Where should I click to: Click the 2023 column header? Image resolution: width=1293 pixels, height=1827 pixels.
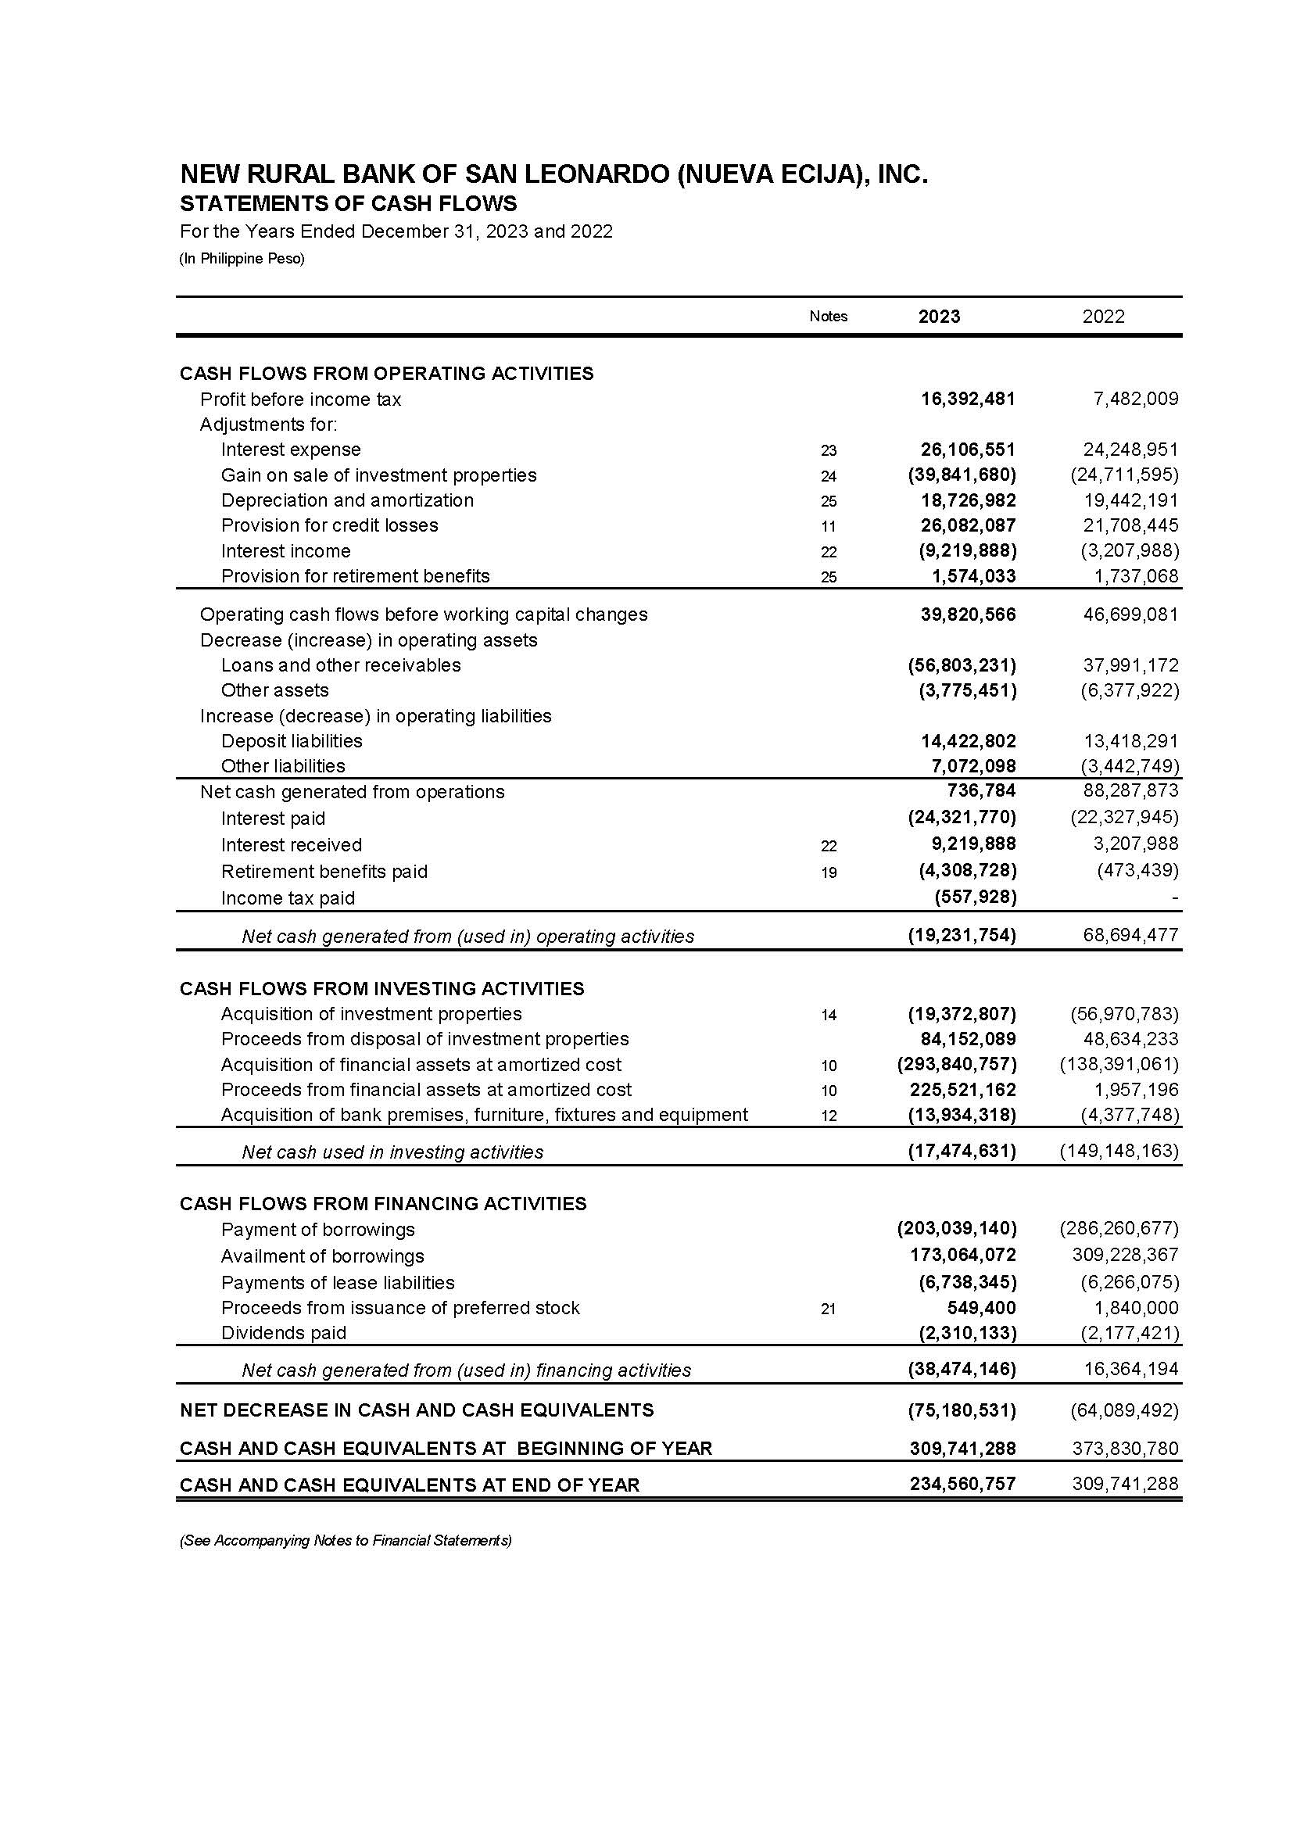click(939, 316)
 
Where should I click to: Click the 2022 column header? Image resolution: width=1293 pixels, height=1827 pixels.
click(1103, 316)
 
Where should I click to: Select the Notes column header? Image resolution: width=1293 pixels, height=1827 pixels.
click(828, 316)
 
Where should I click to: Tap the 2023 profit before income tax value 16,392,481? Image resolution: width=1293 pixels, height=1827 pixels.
click(967, 399)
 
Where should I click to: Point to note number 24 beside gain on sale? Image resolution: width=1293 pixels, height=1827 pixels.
click(828, 476)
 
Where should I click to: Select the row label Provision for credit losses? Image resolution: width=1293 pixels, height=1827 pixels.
click(330, 525)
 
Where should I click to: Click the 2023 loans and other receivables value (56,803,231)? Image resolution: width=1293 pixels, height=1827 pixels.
click(962, 665)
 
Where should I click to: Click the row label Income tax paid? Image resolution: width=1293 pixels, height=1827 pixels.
click(288, 898)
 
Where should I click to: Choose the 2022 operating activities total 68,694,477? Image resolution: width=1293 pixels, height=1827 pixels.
click(1130, 936)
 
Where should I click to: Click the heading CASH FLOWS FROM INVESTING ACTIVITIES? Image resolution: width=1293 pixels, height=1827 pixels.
click(382, 989)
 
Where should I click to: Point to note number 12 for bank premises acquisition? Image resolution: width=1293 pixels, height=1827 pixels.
click(828, 1116)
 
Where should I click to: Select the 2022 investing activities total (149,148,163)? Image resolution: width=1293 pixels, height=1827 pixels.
click(1119, 1151)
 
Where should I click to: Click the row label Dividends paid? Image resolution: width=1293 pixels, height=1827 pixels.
click(284, 1333)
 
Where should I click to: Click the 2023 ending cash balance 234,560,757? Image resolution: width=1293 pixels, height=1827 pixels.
click(962, 1485)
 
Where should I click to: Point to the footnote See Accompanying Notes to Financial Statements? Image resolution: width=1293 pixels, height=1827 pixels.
click(346, 1540)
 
